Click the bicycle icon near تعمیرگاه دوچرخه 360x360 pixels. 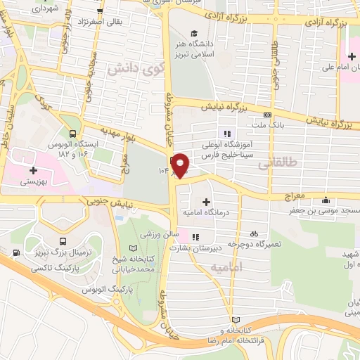coord(254,233)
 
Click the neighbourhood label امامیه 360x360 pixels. coord(226,268)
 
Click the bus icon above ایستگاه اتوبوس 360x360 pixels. coord(72,132)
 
